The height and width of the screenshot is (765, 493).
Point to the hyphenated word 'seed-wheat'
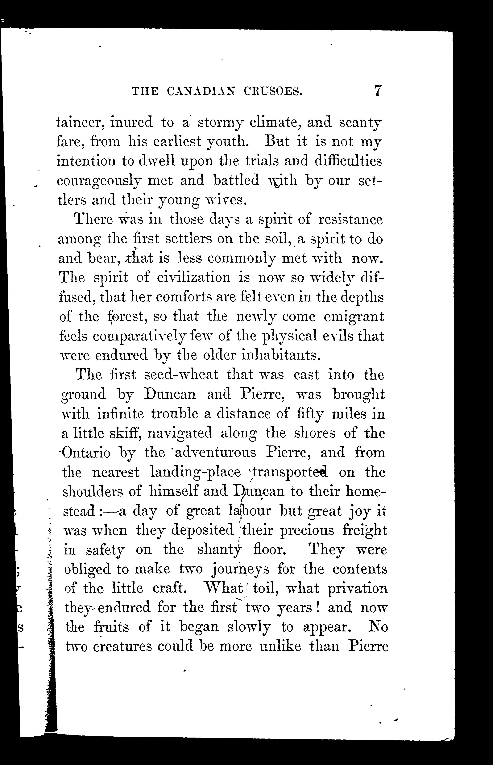(x=181, y=375)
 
